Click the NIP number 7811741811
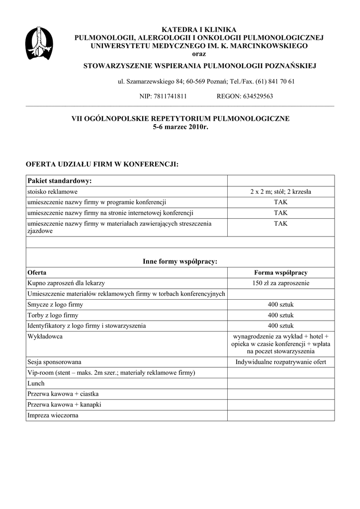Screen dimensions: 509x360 click(170, 96)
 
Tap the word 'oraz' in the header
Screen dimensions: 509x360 click(199, 54)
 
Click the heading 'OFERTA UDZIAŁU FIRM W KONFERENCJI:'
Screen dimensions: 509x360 click(102, 164)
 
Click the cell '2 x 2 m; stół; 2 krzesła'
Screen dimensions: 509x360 click(280, 192)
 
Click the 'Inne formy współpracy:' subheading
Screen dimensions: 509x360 click(180, 261)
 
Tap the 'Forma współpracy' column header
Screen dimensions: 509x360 click(280, 273)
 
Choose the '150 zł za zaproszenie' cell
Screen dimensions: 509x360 click(280, 283)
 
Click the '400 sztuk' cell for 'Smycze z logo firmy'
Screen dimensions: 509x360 click(280, 305)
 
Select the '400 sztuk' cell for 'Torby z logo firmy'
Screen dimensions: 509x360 click(280, 316)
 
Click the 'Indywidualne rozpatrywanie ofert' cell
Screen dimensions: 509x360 click(280, 362)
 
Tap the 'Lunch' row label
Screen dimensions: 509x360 click(36, 384)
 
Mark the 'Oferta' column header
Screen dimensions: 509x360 click(37, 273)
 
